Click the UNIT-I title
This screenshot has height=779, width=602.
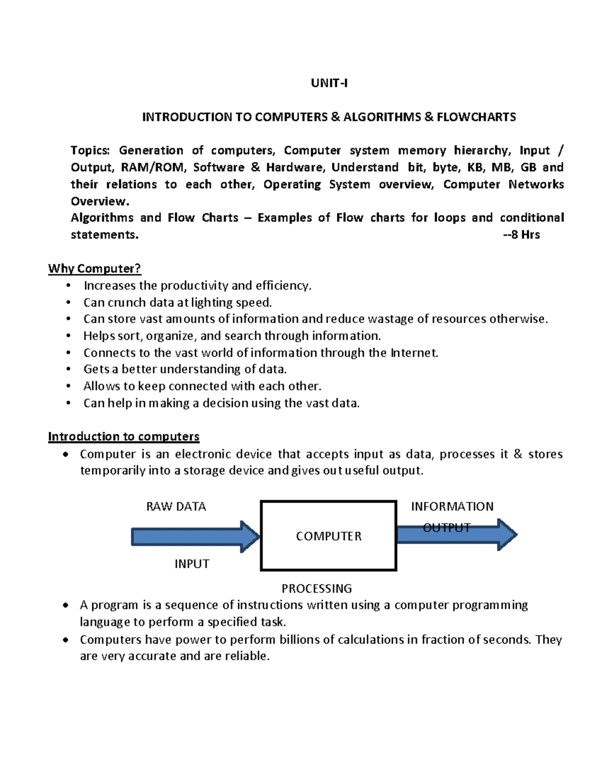(329, 83)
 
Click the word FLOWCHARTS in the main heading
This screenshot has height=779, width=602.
(476, 117)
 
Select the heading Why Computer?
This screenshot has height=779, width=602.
(94, 269)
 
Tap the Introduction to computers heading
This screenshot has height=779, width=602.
(123, 437)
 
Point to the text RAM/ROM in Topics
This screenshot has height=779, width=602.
(153, 168)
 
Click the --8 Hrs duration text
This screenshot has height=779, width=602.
(521, 235)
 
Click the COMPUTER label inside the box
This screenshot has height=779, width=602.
(329, 536)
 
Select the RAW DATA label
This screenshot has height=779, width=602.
(176, 507)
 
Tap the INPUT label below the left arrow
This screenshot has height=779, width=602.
(192, 564)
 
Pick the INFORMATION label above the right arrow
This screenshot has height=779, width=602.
(452, 507)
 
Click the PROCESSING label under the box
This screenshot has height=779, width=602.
(317, 588)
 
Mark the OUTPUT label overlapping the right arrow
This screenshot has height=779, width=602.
(446, 528)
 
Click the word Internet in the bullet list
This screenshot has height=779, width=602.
(414, 353)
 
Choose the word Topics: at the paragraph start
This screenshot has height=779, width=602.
(90, 150)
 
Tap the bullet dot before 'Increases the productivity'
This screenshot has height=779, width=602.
(69, 286)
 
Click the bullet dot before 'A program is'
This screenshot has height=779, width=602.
(66, 606)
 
